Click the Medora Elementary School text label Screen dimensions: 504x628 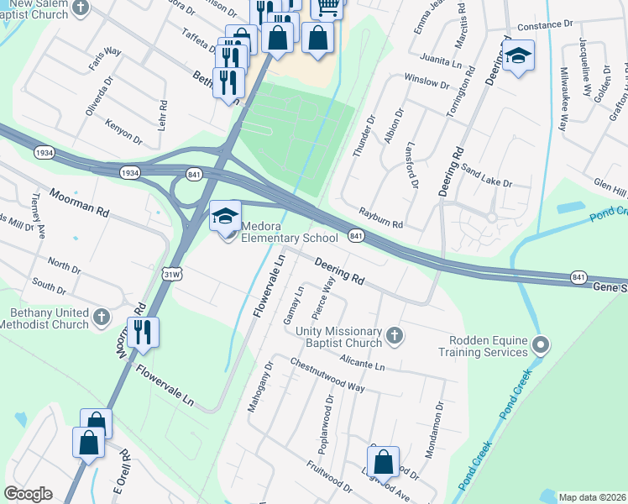tap(290, 232)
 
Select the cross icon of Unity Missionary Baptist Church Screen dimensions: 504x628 tap(394, 337)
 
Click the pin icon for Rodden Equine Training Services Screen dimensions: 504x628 tap(542, 344)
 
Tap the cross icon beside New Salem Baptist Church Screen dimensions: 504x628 tap(80, 8)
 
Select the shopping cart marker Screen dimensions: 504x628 tap(327, 7)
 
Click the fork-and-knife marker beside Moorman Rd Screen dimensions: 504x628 tap(142, 333)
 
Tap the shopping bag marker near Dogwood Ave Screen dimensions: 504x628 tap(383, 462)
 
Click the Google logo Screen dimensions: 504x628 tap(28, 494)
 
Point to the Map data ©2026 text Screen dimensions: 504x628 tap(591, 497)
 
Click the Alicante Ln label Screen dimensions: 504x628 tap(362, 362)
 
